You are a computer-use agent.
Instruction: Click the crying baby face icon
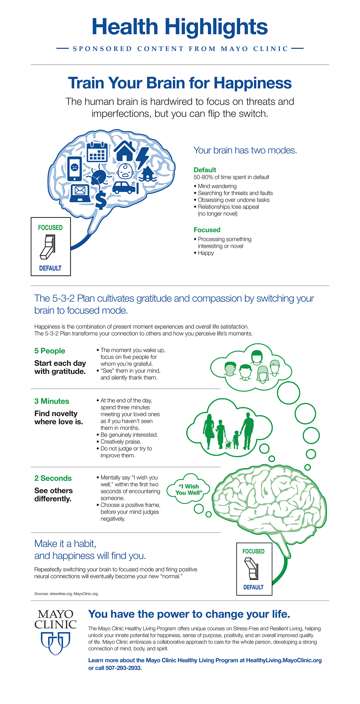(x=126, y=171)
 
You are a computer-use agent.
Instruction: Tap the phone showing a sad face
(x=74, y=168)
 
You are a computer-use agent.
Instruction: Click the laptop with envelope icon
(x=80, y=193)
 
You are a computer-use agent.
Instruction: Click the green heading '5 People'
(x=50, y=351)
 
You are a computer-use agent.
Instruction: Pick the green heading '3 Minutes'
(x=52, y=401)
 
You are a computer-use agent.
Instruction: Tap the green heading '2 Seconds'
(x=53, y=478)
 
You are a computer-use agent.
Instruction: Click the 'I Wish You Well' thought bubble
(x=189, y=489)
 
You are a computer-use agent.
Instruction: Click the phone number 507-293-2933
(x=124, y=668)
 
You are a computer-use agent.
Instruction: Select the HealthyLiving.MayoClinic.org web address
(x=284, y=660)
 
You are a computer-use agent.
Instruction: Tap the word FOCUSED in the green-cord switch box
(x=253, y=551)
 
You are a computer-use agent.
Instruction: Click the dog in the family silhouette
(x=228, y=445)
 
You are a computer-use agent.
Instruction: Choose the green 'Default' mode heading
(x=205, y=170)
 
